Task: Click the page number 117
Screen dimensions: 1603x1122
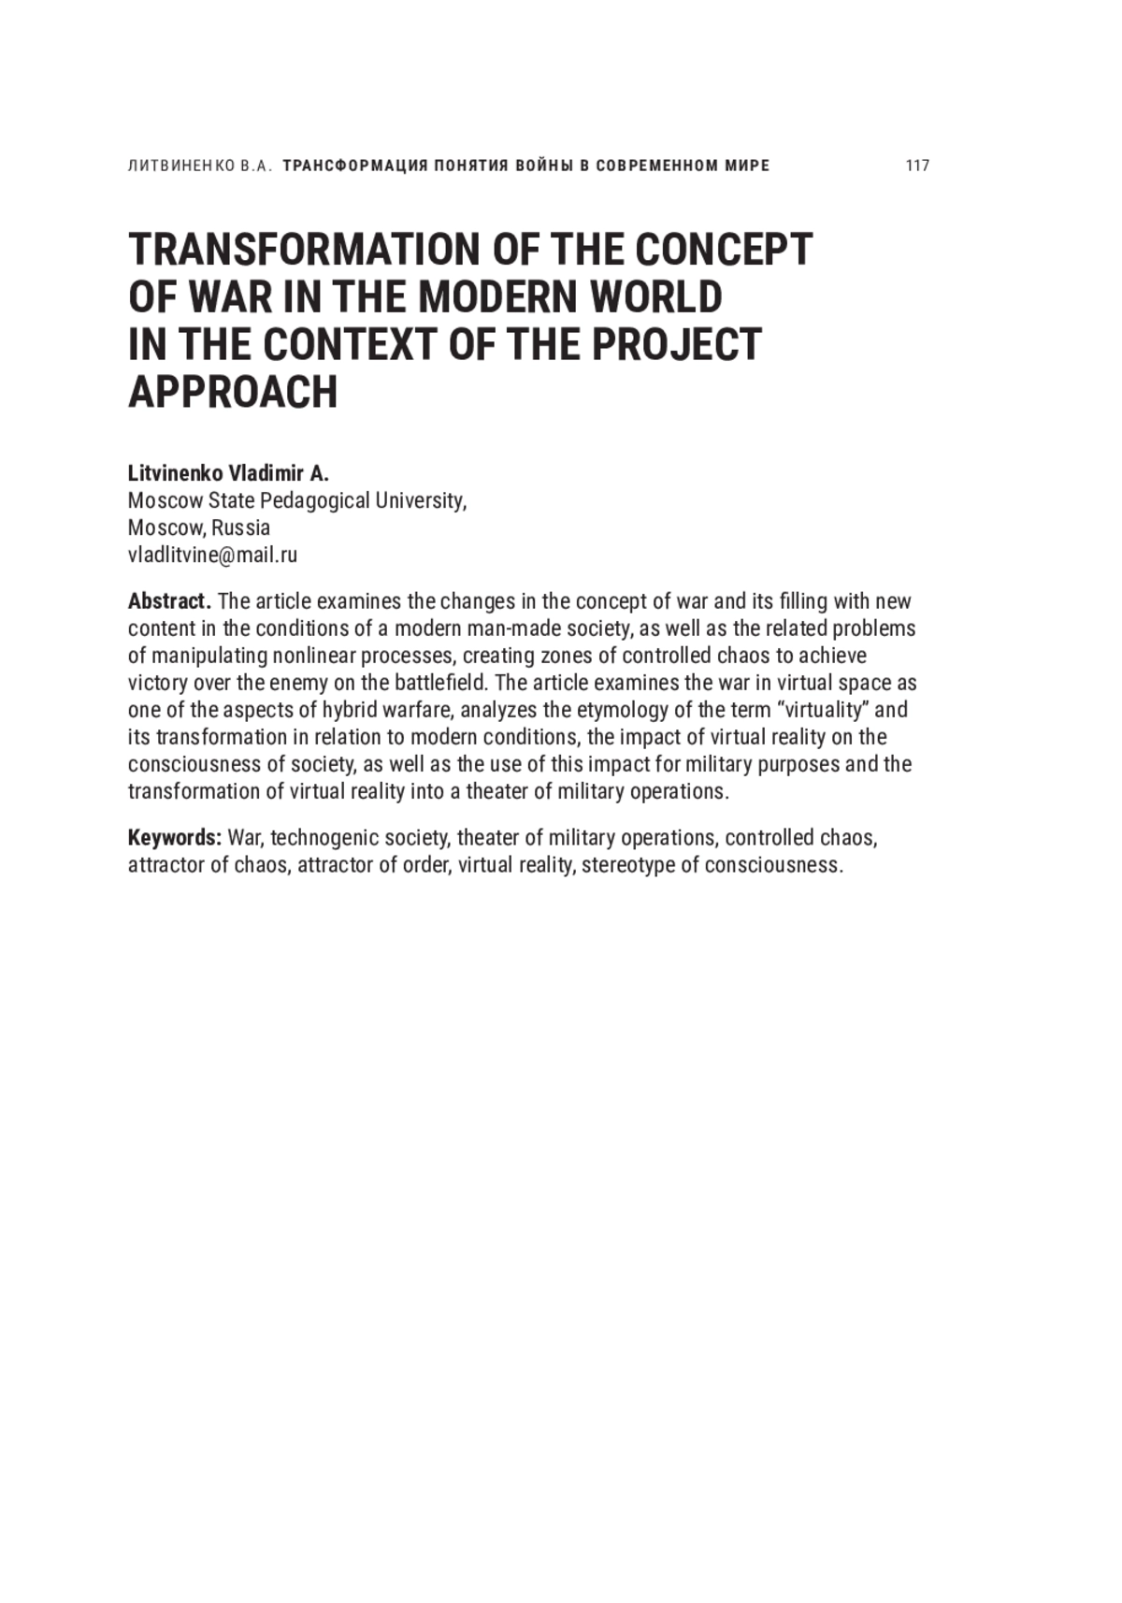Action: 917,166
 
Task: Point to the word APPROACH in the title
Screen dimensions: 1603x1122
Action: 232,392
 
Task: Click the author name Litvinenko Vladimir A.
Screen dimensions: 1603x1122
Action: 228,473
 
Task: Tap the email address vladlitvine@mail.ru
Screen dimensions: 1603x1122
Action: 212,555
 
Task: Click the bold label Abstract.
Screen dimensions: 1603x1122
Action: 169,600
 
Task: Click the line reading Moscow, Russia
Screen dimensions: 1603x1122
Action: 198,527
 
